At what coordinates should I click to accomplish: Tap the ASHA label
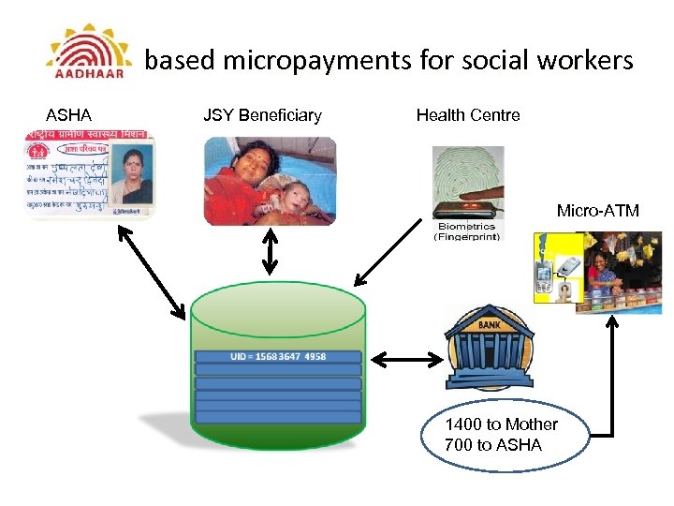(68, 115)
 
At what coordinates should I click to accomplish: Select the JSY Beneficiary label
(262, 115)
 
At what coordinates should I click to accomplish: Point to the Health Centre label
(468, 115)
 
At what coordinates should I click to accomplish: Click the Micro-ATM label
(598, 211)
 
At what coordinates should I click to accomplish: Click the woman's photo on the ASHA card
(136, 176)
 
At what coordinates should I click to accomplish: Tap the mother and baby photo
(269, 181)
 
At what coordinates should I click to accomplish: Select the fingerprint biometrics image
(467, 183)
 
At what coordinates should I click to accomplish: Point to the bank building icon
(489, 347)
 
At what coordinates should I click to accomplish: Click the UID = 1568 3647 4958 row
(278, 357)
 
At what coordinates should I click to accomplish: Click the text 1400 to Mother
(501, 424)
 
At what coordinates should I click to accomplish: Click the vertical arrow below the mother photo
(270, 251)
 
